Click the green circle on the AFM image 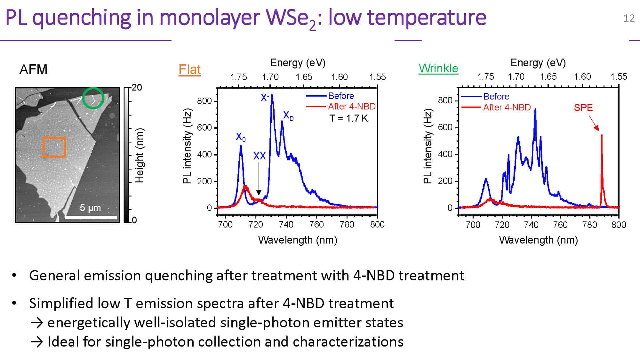click(x=93, y=98)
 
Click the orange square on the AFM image click(x=54, y=147)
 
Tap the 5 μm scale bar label click(x=90, y=208)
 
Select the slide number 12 click(x=629, y=18)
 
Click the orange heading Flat click(x=189, y=69)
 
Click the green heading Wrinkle click(x=438, y=68)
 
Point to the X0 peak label click(x=241, y=137)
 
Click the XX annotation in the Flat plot click(x=260, y=156)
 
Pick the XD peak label click(x=288, y=116)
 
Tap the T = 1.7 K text click(x=349, y=118)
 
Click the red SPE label click(x=583, y=108)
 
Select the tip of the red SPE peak click(x=602, y=135)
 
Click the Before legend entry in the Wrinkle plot click(x=496, y=96)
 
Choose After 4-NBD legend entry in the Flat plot click(x=351, y=107)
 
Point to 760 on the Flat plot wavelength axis click(x=316, y=225)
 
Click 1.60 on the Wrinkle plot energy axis click(x=582, y=77)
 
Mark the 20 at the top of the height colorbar click(x=137, y=87)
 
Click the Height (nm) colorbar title click(x=140, y=156)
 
